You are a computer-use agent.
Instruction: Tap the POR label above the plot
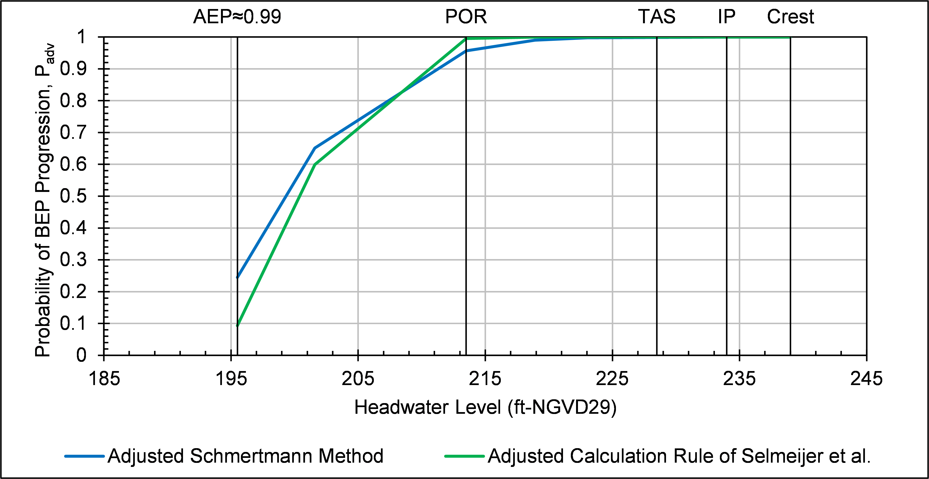tap(466, 17)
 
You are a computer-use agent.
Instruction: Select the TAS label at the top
tap(657, 17)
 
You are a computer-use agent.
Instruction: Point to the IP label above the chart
tap(726, 17)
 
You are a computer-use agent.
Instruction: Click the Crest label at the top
tap(790, 17)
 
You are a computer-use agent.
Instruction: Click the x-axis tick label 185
tap(104, 379)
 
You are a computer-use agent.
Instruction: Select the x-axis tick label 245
tap(866, 379)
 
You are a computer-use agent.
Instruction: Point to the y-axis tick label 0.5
tap(73, 196)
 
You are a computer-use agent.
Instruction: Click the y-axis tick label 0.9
tap(73, 69)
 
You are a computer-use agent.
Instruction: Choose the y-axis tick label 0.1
tap(73, 324)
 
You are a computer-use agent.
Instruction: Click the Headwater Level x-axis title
tap(485, 408)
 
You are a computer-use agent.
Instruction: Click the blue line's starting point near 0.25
tap(237, 277)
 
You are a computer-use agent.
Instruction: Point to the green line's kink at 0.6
tap(315, 165)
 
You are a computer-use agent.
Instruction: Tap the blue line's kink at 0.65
tap(315, 148)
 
